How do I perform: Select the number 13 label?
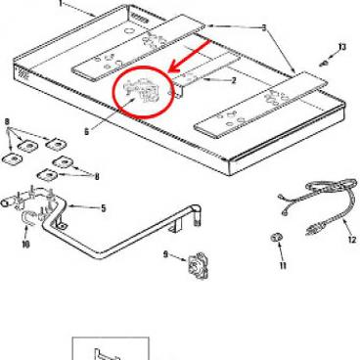(x=341, y=46)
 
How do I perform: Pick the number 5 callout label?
(x=103, y=207)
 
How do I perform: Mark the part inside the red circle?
(x=143, y=90)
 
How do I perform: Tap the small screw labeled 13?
(x=324, y=60)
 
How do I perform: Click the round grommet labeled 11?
(x=277, y=239)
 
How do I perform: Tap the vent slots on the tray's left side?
(x=21, y=74)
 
